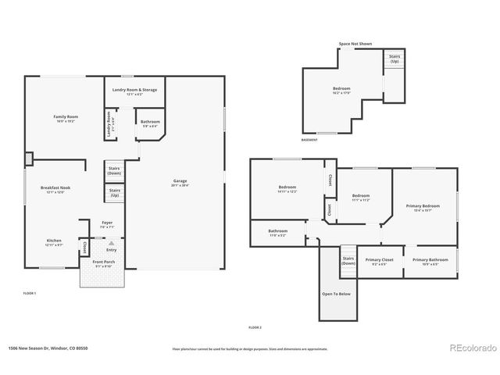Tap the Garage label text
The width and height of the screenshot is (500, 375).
pyautogui.click(x=180, y=182)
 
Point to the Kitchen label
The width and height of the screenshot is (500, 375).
pyautogui.click(x=53, y=241)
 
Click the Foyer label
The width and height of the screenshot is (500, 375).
pyautogui.click(x=107, y=223)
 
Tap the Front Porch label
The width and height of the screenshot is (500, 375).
pyautogui.click(x=103, y=262)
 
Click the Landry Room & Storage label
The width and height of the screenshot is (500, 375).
pyautogui.click(x=134, y=90)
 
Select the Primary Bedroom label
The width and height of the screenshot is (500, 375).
pyautogui.click(x=423, y=206)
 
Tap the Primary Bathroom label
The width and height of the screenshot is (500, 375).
pyautogui.click(x=430, y=260)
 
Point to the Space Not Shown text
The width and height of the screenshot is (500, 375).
pyautogui.click(x=355, y=45)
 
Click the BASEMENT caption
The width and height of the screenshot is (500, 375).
pyautogui.click(x=309, y=141)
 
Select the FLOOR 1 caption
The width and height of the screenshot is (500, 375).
pyautogui.click(x=30, y=293)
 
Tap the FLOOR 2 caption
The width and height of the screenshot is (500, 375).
pyautogui.click(x=255, y=327)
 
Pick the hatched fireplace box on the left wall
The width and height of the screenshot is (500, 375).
pyautogui.click(x=29, y=159)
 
